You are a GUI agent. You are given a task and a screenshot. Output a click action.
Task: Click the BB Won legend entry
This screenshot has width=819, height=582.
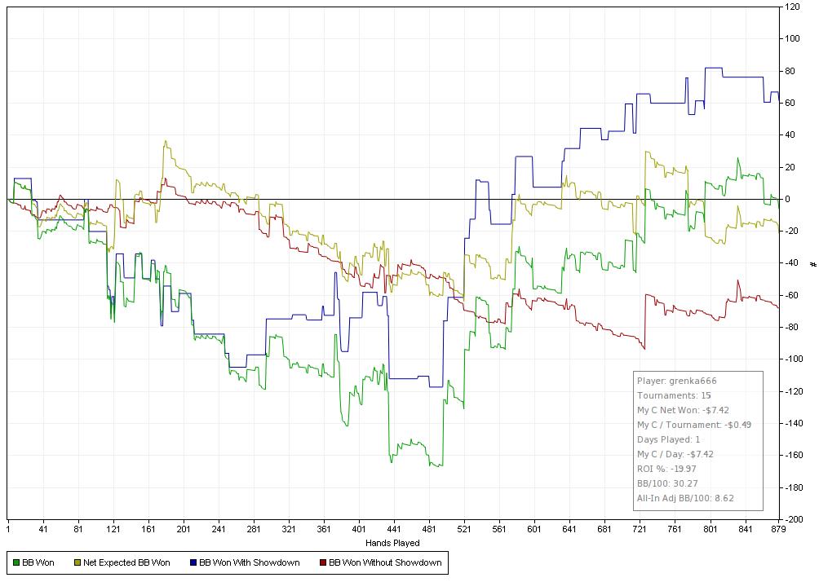click(x=38, y=562)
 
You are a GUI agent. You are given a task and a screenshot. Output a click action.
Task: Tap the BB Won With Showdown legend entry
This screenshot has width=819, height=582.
click(x=249, y=562)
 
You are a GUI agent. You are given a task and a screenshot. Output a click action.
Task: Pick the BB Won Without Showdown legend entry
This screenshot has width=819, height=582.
click(x=384, y=562)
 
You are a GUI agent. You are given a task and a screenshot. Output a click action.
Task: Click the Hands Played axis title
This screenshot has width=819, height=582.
click(x=393, y=543)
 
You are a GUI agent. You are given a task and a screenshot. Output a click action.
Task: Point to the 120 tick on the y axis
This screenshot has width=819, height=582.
click(x=792, y=7)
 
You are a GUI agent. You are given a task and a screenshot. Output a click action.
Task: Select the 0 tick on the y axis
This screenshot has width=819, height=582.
click(x=787, y=199)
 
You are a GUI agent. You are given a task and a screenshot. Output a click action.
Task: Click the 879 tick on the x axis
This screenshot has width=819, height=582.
click(x=778, y=529)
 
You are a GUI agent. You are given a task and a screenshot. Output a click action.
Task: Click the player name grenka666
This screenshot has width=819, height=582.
click(x=692, y=381)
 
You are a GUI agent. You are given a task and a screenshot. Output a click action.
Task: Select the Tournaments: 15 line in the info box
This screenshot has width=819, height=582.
click(x=674, y=395)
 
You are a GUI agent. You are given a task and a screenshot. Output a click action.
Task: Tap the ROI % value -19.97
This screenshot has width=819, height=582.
click(x=680, y=469)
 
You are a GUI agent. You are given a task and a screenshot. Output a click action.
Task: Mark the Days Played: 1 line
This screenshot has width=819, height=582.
click(x=668, y=439)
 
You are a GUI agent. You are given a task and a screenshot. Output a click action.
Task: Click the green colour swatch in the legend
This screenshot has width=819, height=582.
click(x=16, y=562)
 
